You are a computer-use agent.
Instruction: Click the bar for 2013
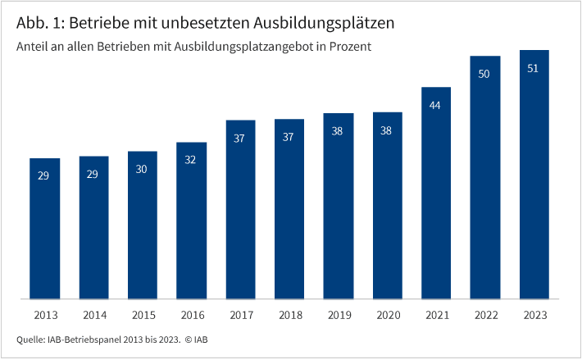click(x=43, y=229)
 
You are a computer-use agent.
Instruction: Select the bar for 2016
click(x=190, y=221)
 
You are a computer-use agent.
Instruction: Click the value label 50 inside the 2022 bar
click(x=484, y=74)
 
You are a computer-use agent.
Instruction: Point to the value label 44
click(x=435, y=105)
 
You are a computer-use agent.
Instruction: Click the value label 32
click(x=190, y=160)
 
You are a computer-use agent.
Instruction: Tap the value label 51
click(x=533, y=68)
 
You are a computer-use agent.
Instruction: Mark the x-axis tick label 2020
click(x=386, y=315)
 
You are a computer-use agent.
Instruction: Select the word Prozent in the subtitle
click(x=351, y=47)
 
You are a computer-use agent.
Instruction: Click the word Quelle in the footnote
click(x=32, y=339)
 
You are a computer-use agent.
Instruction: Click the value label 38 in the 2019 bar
click(x=337, y=131)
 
